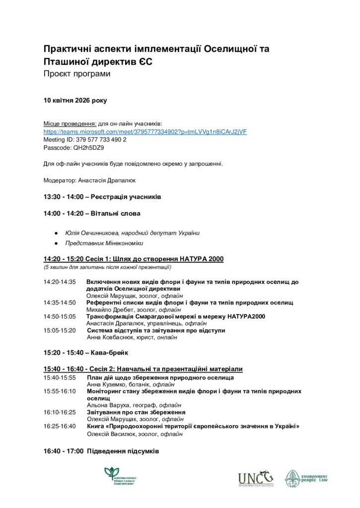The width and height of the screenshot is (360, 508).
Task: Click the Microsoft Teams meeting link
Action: coord(145,132)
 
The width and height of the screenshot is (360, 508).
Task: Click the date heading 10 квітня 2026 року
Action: coord(75,100)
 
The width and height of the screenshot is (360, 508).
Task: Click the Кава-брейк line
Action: coord(108,353)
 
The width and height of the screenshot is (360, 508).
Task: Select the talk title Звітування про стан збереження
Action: coord(136,412)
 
